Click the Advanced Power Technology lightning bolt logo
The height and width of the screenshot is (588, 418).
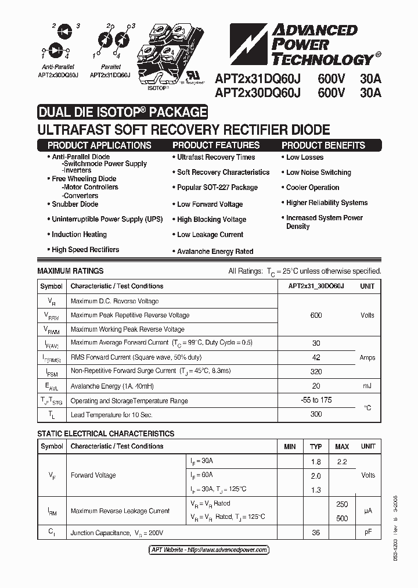click(x=248, y=44)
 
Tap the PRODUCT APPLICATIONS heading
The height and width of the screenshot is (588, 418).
click(x=99, y=145)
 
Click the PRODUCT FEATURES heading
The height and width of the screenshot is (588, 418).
click(x=217, y=145)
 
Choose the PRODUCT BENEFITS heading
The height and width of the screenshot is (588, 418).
click(x=323, y=145)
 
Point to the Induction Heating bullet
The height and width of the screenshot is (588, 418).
click(x=79, y=235)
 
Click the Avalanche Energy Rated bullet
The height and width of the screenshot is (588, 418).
click(x=215, y=252)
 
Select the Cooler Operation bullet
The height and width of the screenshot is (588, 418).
click(x=312, y=188)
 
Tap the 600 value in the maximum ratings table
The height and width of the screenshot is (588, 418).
click(x=316, y=315)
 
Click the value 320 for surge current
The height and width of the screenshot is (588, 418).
click(x=316, y=371)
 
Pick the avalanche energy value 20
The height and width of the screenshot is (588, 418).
click(x=316, y=386)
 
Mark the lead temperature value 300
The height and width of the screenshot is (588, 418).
click(x=316, y=414)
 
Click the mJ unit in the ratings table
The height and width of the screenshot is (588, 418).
click(x=367, y=386)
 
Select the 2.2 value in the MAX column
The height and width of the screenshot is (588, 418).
click(x=341, y=462)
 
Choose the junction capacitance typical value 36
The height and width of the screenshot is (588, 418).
click(x=316, y=533)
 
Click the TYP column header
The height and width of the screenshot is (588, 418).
click(x=316, y=447)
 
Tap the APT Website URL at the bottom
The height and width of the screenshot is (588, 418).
click(x=206, y=550)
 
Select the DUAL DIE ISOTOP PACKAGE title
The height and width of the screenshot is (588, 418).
click(x=122, y=112)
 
